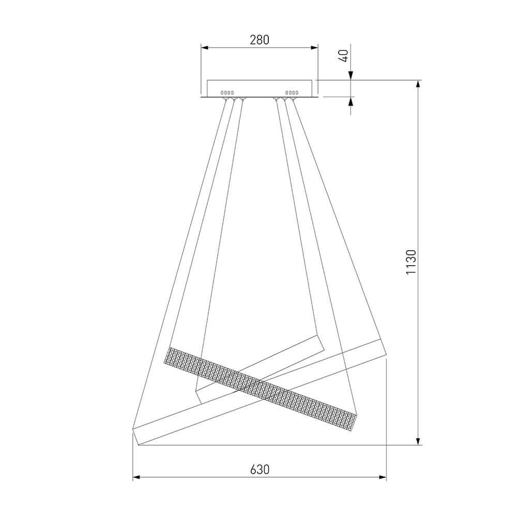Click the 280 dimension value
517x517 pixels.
click(260, 40)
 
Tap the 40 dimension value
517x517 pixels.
click(344, 56)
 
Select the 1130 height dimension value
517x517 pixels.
click(411, 262)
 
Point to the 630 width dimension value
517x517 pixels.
click(260, 469)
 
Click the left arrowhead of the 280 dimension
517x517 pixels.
click(205, 48)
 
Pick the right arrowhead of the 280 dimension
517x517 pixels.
click(314, 48)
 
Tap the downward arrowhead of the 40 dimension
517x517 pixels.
click(351, 76)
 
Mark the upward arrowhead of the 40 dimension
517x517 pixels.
click(351, 101)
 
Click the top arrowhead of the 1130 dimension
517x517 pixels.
click(418, 84)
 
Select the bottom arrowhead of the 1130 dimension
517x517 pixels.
click(418, 441)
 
